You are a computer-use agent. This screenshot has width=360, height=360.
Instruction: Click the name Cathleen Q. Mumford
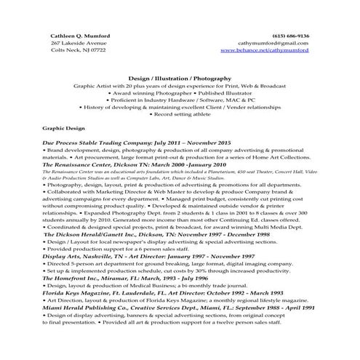(81, 36)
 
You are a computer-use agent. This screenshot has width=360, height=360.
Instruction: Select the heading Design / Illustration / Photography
(180, 76)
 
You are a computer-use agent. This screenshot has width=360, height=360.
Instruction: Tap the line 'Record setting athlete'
(180, 113)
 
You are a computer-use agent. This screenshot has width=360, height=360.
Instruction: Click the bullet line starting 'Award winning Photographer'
(180, 92)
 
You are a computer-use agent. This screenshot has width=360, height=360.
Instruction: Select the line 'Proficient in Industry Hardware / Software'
(180, 99)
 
